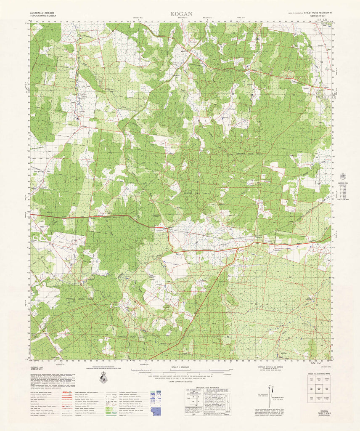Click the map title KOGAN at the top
coord(181,14)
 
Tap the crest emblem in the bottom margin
coord(103,379)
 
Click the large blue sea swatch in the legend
coord(155,411)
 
